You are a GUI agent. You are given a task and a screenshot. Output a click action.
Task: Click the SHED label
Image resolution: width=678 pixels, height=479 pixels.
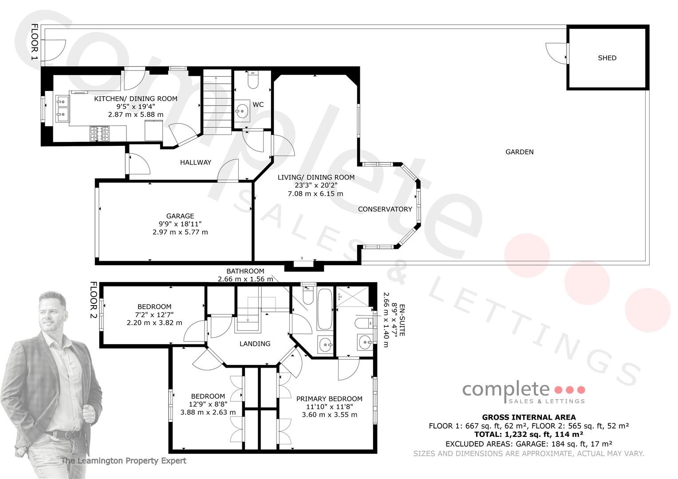607,58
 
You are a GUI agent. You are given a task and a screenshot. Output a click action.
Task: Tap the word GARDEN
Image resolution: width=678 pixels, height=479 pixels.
520,152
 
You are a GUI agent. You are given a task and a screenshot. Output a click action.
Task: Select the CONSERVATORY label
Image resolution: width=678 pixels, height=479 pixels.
385,209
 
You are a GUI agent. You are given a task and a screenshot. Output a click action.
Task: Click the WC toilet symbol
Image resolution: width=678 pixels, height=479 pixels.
253,79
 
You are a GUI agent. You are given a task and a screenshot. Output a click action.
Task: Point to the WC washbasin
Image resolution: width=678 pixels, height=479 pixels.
242,111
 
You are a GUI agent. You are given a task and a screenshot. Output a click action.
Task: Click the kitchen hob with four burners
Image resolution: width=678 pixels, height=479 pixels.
99,134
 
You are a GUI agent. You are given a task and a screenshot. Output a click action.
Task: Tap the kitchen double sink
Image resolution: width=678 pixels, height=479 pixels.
63,108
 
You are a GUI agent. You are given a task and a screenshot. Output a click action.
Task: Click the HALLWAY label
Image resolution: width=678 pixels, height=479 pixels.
196,162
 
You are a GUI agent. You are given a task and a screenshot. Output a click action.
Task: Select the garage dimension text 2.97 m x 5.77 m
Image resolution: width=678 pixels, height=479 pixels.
180,232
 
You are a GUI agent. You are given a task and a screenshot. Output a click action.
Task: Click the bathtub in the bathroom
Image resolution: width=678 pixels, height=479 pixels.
325,309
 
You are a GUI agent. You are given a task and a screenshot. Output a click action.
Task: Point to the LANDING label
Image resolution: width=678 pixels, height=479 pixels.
255,344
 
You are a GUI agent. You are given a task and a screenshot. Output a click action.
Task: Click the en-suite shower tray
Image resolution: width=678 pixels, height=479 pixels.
353,297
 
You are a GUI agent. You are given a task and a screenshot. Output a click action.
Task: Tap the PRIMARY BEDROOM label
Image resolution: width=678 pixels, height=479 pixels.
329,399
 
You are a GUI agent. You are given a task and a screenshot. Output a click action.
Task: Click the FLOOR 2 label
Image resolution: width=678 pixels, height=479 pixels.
94,300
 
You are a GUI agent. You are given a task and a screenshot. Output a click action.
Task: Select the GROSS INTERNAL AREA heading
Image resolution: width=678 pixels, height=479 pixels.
529,417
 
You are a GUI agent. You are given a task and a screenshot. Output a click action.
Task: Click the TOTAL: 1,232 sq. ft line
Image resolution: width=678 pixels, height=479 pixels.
529,435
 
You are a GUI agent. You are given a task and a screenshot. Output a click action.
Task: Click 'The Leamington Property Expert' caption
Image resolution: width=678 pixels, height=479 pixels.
124,460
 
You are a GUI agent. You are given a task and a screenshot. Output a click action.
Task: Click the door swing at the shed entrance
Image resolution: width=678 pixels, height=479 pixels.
556,53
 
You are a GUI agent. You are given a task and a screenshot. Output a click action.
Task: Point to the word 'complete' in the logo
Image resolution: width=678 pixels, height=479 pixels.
506,390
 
